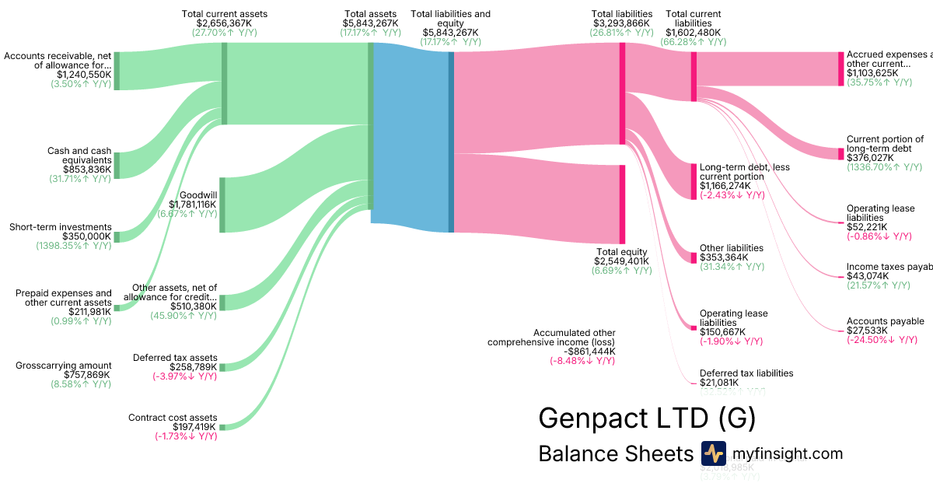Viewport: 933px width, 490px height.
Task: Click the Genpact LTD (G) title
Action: point(646,418)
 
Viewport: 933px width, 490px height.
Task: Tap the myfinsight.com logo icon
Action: point(713,453)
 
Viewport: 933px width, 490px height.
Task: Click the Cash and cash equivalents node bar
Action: point(117,165)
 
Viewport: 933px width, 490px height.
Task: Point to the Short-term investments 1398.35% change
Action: point(73,246)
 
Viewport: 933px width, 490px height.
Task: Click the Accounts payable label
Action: point(885,321)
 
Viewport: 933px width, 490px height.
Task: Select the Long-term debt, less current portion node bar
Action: point(694,181)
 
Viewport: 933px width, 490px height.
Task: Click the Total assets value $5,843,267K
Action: point(370,23)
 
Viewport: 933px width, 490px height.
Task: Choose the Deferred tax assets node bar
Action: point(222,367)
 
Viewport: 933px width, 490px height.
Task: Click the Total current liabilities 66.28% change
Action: point(694,42)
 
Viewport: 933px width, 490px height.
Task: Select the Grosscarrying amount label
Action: point(64,366)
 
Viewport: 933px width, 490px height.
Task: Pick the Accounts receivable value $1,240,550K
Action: point(84,75)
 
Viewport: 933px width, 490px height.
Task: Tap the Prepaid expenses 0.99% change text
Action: point(81,321)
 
